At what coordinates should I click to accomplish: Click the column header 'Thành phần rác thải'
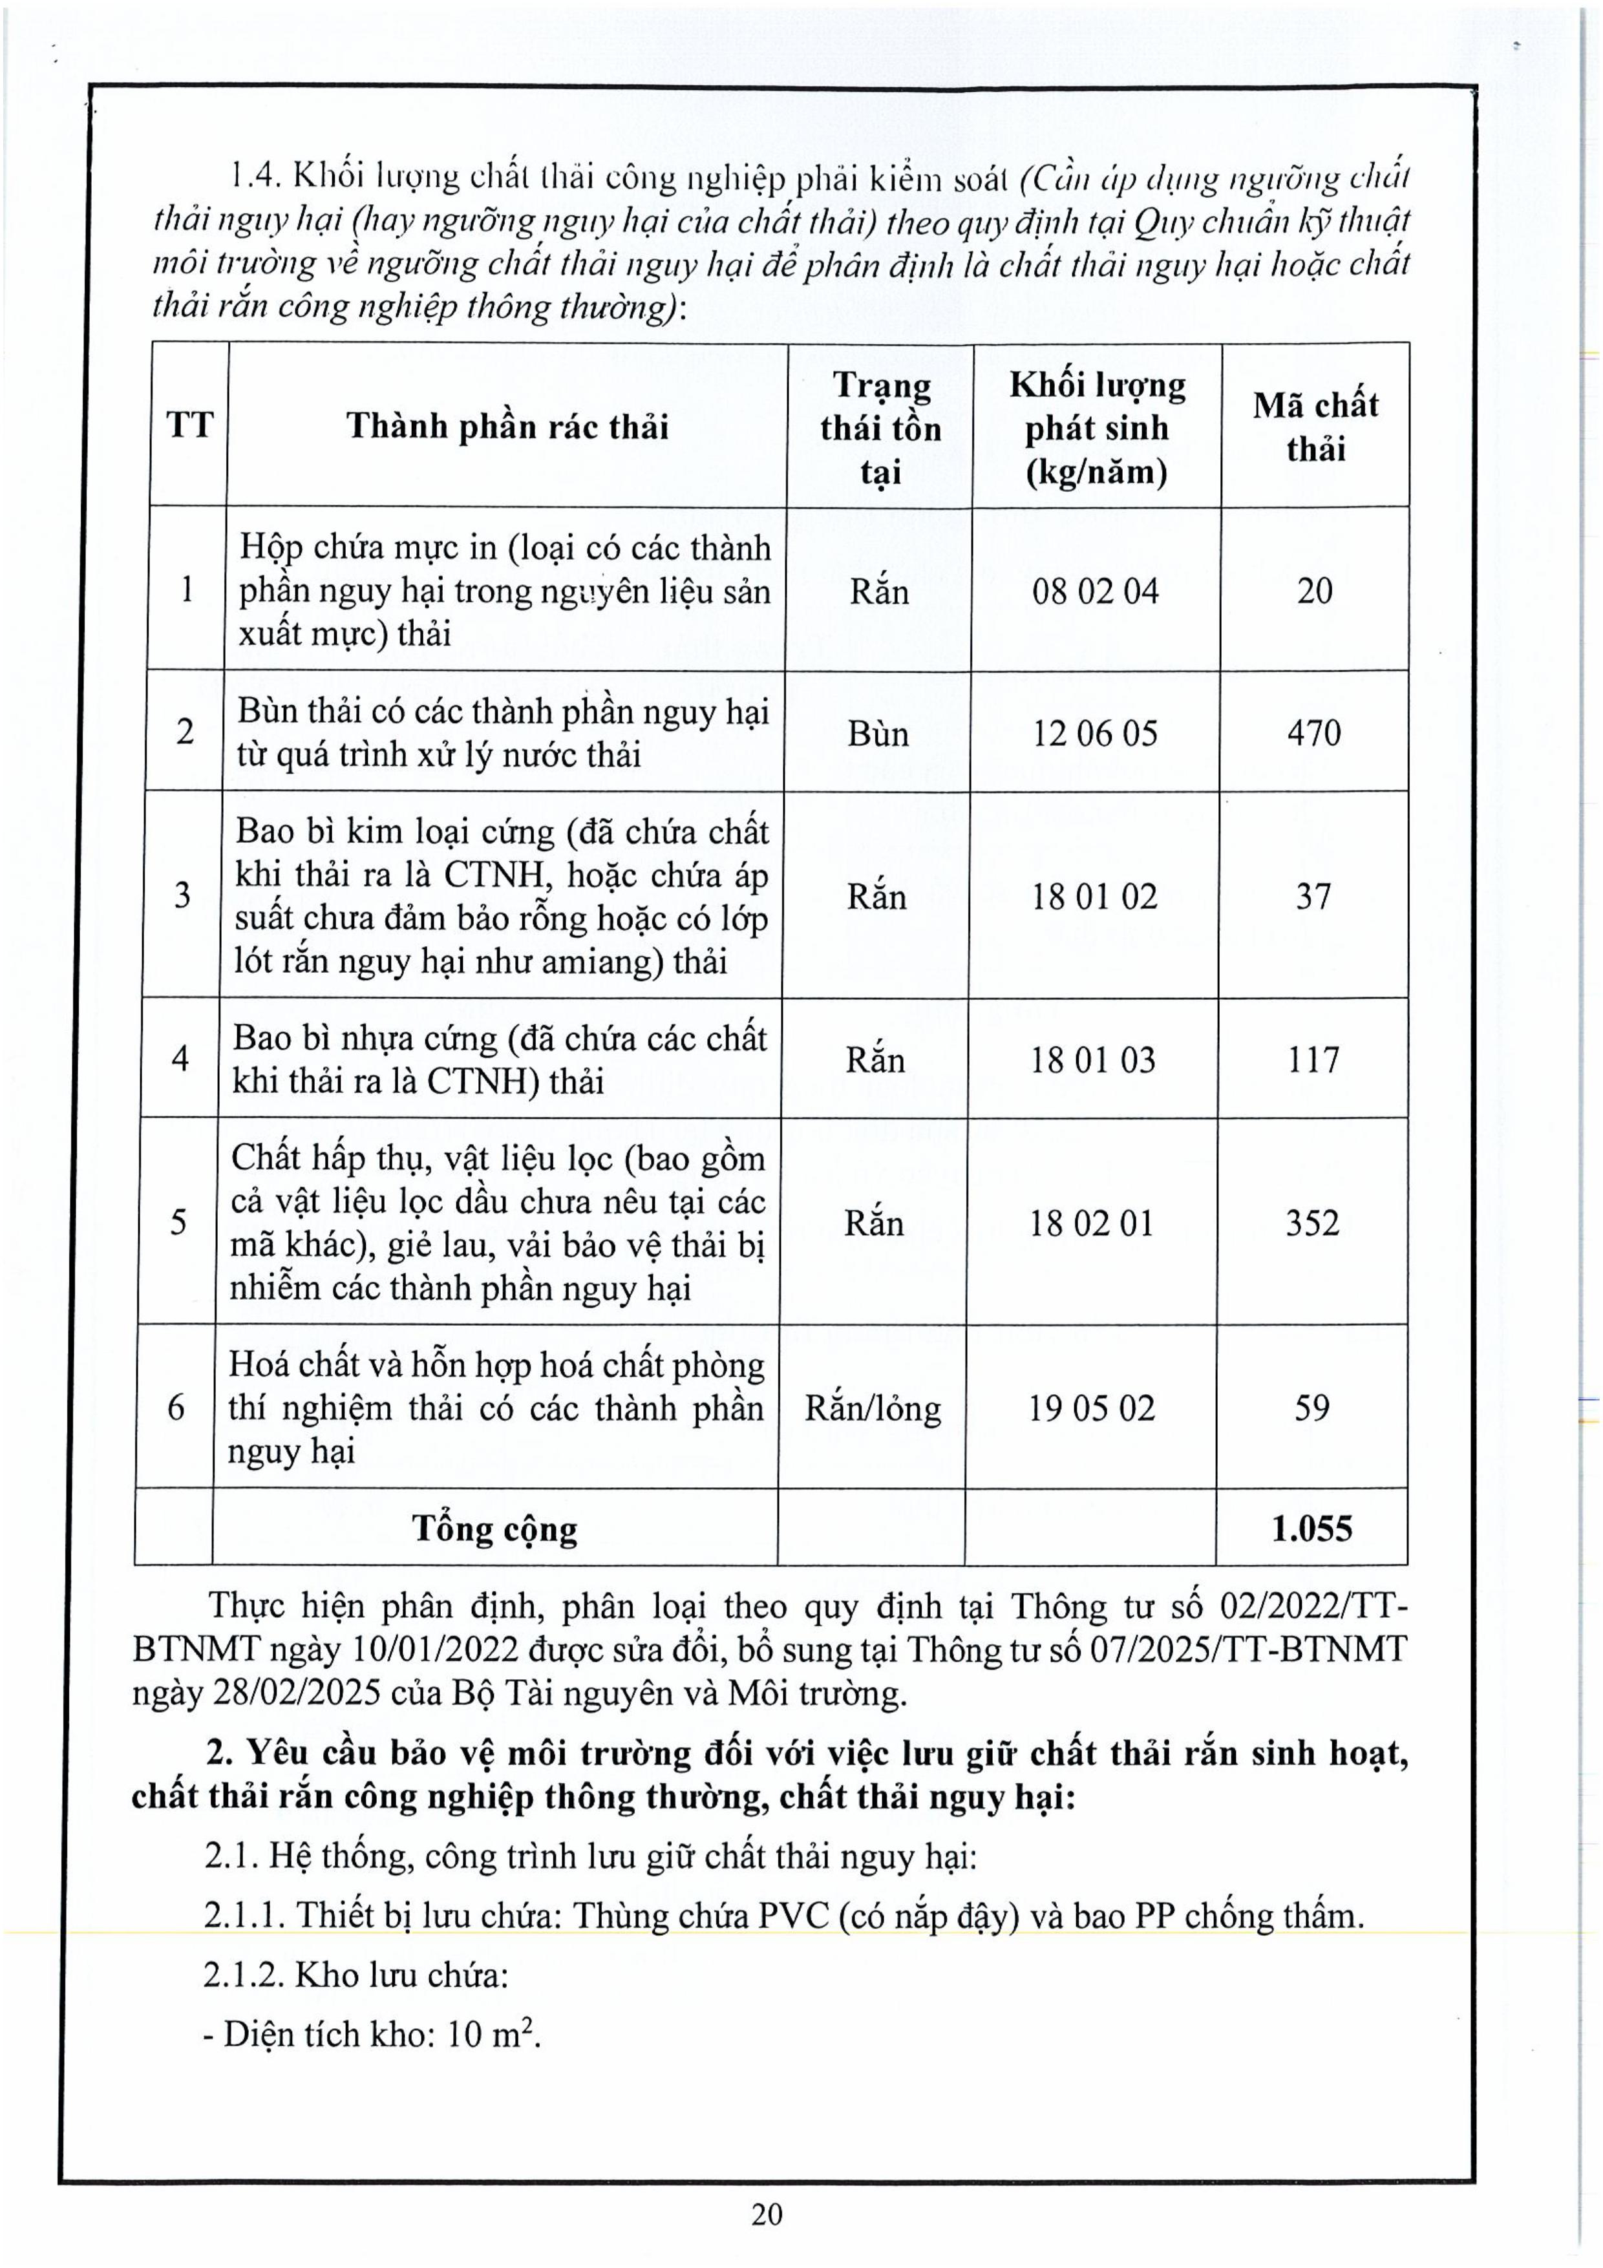pyautogui.click(x=507, y=427)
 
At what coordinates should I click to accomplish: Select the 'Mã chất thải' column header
pyautogui.click(x=1315, y=427)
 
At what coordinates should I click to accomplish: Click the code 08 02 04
pyautogui.click(x=1096, y=591)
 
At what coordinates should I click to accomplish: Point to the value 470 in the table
pyautogui.click(x=1313, y=733)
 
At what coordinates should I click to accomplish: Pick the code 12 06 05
pyautogui.click(x=1094, y=733)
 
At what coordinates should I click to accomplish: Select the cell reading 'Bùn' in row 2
pyautogui.click(x=877, y=733)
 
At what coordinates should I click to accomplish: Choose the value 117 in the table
pyautogui.click(x=1313, y=1060)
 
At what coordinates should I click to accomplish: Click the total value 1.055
pyautogui.click(x=1311, y=1529)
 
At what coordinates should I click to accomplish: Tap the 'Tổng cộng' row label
pyautogui.click(x=495, y=1529)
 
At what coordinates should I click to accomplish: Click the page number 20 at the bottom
pyautogui.click(x=767, y=2214)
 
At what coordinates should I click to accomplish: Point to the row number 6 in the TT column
pyautogui.click(x=176, y=1408)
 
